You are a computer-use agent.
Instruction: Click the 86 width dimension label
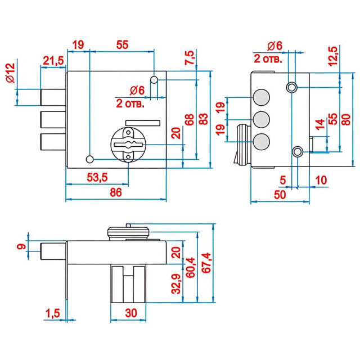(x=116, y=192)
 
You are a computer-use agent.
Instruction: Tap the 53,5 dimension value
(x=97, y=178)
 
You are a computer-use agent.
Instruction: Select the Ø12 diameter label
(x=10, y=74)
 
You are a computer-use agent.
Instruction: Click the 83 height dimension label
(x=204, y=119)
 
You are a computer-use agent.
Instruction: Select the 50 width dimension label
(x=280, y=194)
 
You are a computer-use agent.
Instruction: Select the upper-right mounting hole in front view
(x=154, y=80)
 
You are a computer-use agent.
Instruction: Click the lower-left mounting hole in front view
(x=90, y=157)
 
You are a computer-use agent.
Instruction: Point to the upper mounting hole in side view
(x=292, y=87)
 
